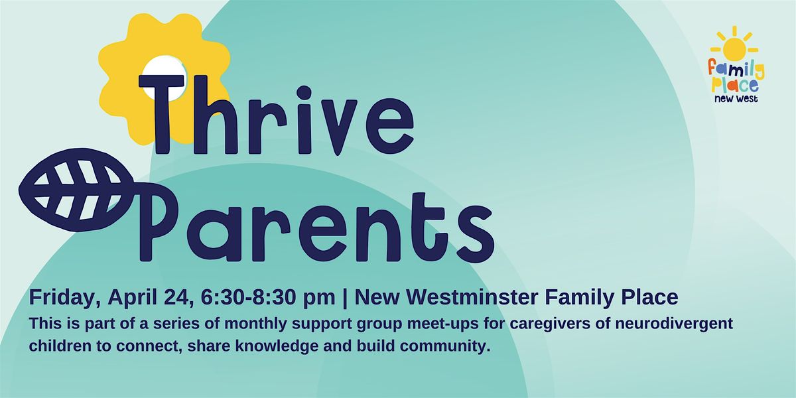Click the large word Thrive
(276, 115)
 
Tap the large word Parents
(316, 228)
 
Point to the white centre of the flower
(163, 71)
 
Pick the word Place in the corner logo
(734, 86)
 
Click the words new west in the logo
(736, 99)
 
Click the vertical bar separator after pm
(345, 298)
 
